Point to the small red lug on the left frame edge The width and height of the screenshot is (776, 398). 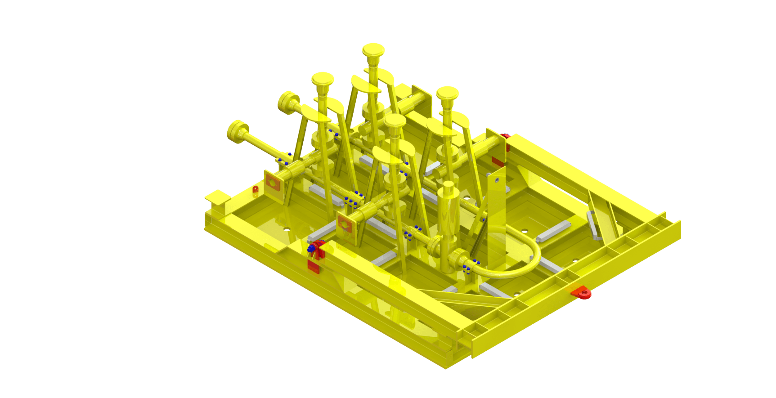click(256, 189)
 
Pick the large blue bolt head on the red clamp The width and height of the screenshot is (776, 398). click(311, 248)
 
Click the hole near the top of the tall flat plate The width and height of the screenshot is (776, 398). click(497, 179)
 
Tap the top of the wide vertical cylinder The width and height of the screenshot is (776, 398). click(448, 185)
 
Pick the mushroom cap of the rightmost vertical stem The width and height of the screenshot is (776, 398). click(447, 93)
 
